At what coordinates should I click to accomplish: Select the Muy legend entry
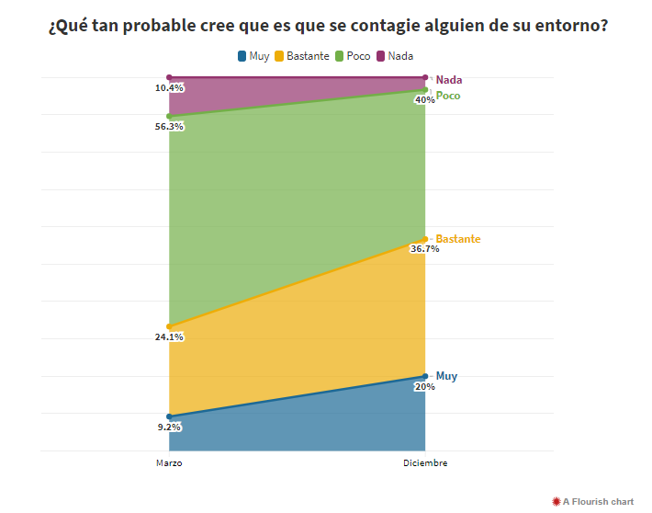click(253, 56)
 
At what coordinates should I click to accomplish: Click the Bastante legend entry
click(302, 56)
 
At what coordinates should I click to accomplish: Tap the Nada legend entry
click(395, 56)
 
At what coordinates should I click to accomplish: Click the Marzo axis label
click(169, 463)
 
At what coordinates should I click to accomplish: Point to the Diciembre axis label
click(425, 463)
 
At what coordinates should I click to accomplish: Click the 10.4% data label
click(170, 88)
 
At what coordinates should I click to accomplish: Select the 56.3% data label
click(170, 127)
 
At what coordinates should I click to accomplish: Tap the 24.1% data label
click(170, 337)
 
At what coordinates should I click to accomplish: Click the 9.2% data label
click(170, 427)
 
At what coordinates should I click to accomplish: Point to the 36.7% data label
click(424, 249)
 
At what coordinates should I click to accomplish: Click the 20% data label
click(425, 387)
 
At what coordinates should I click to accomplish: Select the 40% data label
click(425, 100)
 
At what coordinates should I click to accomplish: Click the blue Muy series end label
click(446, 376)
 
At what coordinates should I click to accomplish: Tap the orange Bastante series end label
click(458, 239)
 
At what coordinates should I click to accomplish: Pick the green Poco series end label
click(448, 96)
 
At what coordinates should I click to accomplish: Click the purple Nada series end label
click(449, 80)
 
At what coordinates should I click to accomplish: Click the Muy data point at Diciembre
click(425, 376)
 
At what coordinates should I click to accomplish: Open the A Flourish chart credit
click(592, 501)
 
